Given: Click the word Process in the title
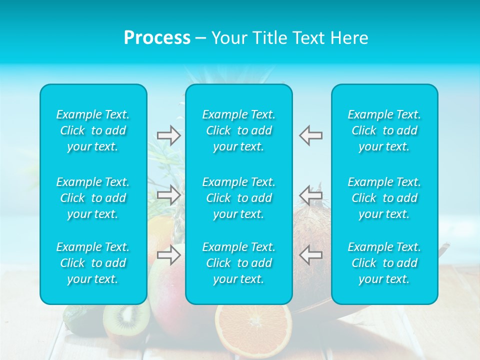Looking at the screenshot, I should [x=157, y=38].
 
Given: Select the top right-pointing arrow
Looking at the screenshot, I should [x=168, y=135].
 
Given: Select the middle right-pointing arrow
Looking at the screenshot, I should [x=168, y=194].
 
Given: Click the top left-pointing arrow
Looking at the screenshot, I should [x=311, y=135].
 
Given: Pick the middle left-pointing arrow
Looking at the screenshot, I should [x=311, y=194].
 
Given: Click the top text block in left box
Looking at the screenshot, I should [x=93, y=130].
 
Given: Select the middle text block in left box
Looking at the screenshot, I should [x=93, y=198].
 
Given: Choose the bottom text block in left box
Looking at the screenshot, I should [x=93, y=263].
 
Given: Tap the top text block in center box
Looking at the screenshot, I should [x=238, y=130].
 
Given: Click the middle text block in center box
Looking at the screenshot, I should [x=238, y=198].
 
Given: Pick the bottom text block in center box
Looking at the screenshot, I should [x=238, y=263].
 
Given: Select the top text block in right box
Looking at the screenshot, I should [x=384, y=130].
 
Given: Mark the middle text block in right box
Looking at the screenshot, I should [x=384, y=198].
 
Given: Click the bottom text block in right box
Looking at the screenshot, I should [x=384, y=263].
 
